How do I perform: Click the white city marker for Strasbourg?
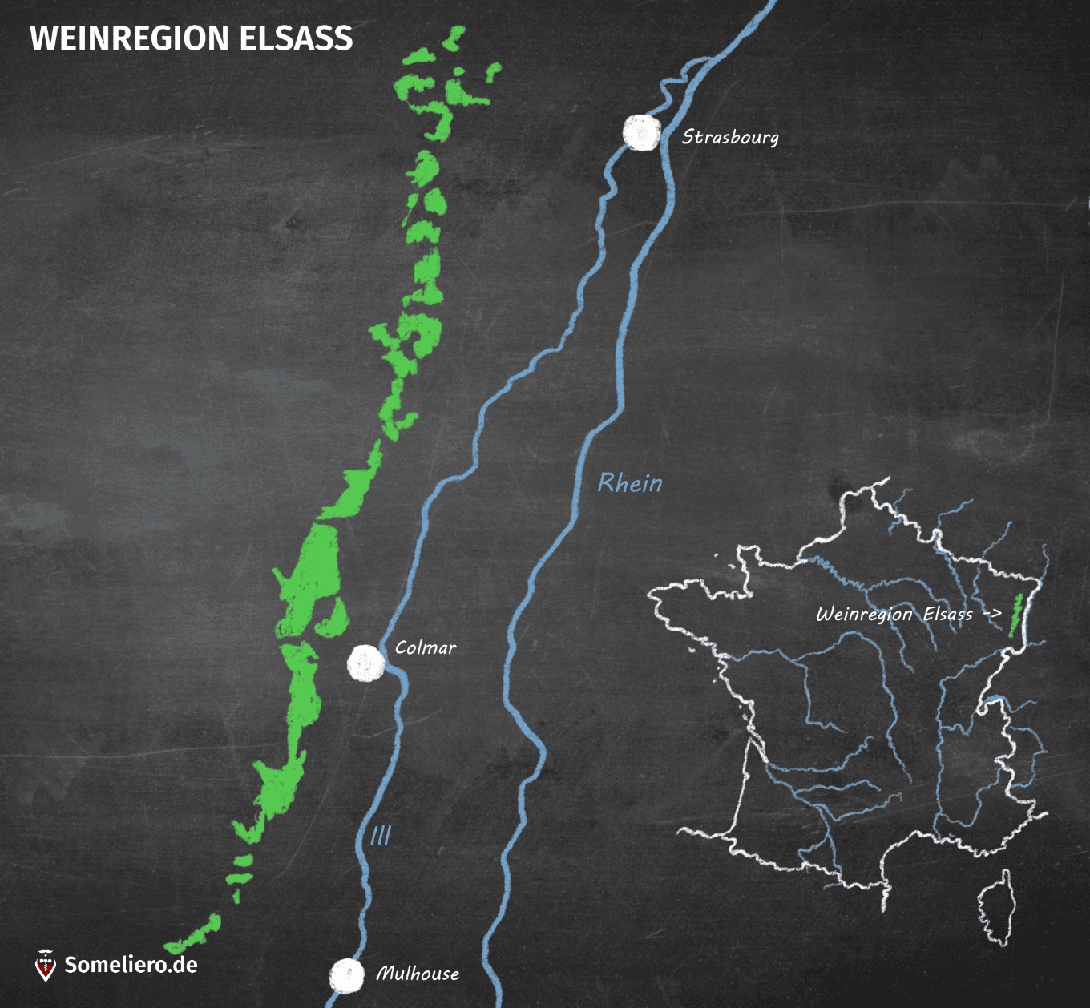[642, 133]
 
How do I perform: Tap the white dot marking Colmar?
[365, 663]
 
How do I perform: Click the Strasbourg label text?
[730, 138]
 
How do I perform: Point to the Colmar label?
[426, 647]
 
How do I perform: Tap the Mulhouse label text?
[418, 974]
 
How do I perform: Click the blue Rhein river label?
[630, 483]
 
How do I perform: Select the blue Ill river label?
[381, 836]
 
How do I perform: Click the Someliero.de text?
[131, 964]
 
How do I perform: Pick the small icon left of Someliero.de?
[46, 965]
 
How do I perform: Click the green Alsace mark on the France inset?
[1015, 615]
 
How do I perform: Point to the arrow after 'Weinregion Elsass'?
[992, 614]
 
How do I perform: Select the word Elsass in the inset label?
[947, 614]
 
